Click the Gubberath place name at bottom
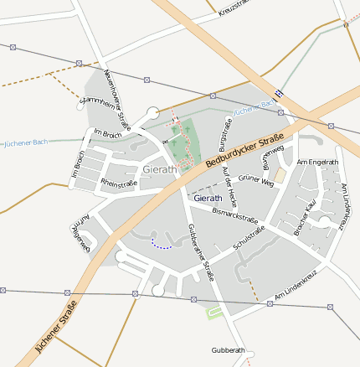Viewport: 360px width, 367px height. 229,349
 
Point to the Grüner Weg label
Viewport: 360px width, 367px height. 255,181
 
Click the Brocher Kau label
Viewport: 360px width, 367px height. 304,216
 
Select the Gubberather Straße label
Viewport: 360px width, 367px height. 201,251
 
